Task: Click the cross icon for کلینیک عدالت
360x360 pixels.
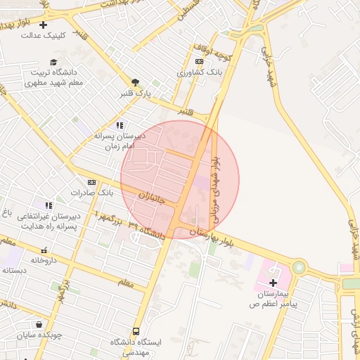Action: (44, 25)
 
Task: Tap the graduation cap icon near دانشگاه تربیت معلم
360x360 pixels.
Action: (53, 63)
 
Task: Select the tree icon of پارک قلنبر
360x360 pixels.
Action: (135, 82)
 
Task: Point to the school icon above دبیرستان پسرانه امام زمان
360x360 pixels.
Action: (128, 124)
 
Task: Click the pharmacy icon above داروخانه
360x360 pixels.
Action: (44, 250)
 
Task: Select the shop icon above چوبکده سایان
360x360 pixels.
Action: (38, 325)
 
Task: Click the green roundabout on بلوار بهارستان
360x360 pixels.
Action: (300, 267)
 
